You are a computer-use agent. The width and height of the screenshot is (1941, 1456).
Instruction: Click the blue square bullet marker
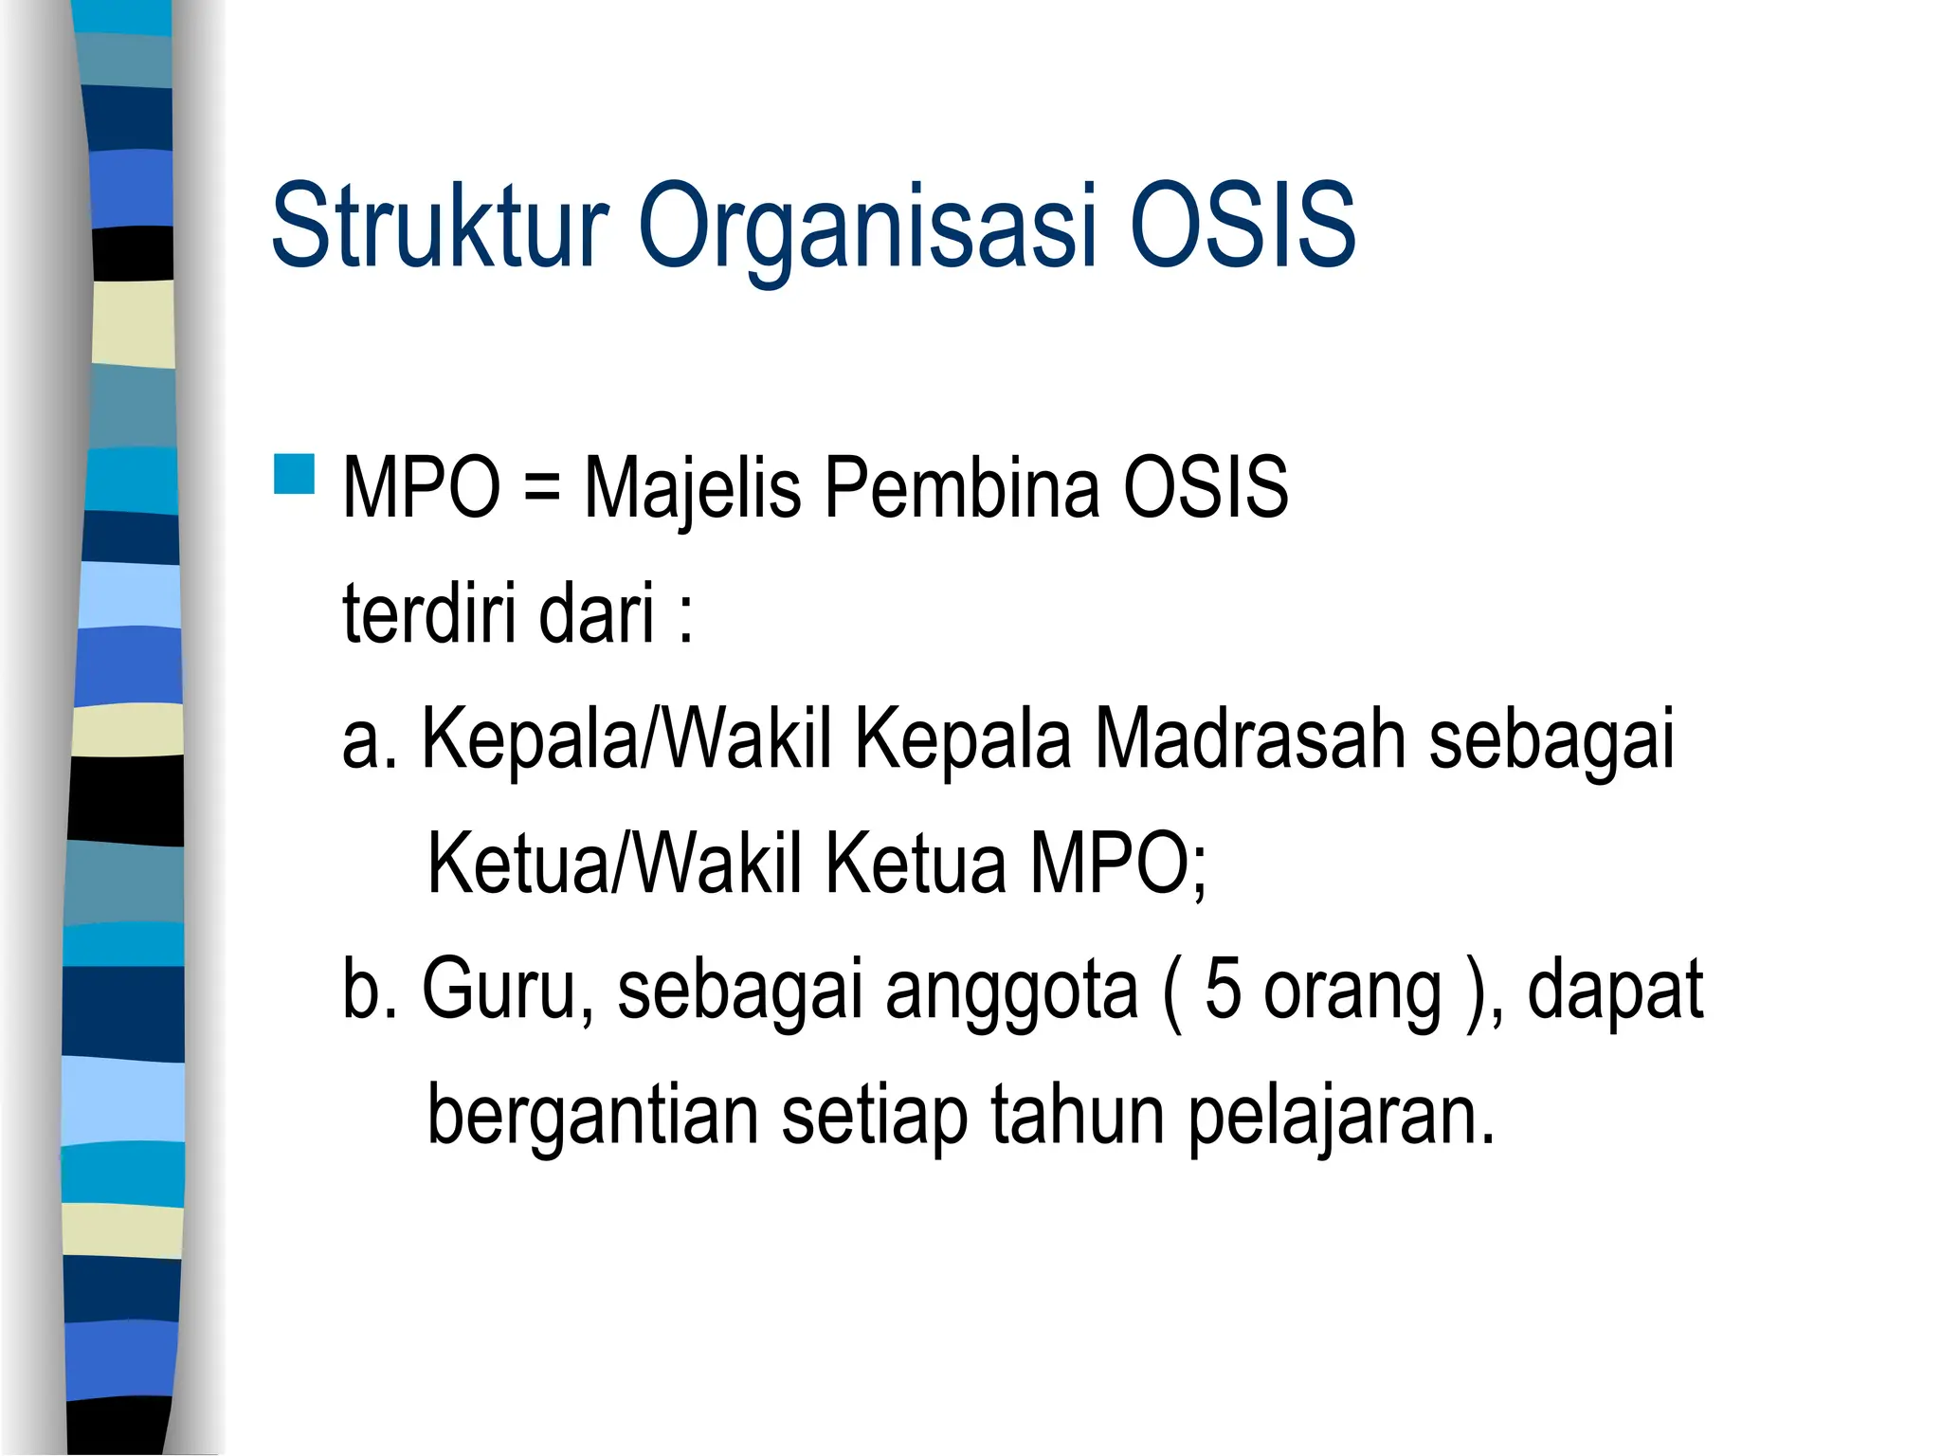(294, 474)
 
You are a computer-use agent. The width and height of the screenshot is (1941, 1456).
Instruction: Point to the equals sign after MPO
(541, 489)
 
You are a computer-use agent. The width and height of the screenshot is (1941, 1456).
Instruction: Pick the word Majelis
(692, 489)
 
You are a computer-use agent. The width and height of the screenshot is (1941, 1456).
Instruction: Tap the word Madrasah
(1250, 739)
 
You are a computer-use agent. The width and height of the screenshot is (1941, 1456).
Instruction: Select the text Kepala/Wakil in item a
(626, 739)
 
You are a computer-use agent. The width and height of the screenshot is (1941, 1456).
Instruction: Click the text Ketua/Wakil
(615, 864)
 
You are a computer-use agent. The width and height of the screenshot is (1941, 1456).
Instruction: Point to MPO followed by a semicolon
(1118, 864)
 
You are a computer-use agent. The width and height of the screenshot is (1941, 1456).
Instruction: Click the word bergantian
(592, 1117)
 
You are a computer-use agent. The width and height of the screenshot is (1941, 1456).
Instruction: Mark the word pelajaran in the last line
(1340, 1117)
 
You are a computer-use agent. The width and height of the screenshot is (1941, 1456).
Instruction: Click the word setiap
(874, 1117)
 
